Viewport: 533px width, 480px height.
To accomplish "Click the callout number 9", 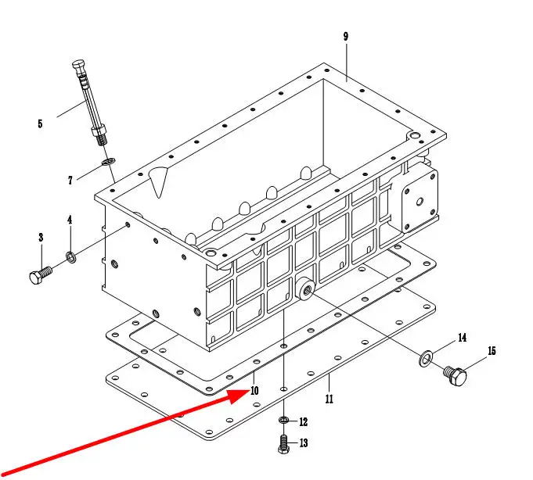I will pos(345,36).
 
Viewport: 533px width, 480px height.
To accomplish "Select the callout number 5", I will pos(39,123).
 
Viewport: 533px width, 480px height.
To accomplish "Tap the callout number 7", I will pos(70,181).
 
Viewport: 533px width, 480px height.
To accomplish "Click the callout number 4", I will pos(70,220).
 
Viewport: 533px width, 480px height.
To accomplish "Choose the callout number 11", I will pos(330,399).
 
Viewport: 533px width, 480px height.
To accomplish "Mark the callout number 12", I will pos(303,422).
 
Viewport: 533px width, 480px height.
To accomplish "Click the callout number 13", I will pos(303,443).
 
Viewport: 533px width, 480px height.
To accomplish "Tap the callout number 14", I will pos(462,338).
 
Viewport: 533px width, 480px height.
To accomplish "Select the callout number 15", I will pos(492,351).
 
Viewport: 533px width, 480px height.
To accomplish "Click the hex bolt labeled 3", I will pos(39,277).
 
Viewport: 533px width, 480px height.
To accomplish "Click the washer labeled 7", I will pos(107,162).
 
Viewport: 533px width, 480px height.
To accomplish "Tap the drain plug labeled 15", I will pos(456,376).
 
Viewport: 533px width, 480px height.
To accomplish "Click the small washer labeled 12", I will pos(285,422).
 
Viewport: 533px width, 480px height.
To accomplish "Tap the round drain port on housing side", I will pos(305,289).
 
